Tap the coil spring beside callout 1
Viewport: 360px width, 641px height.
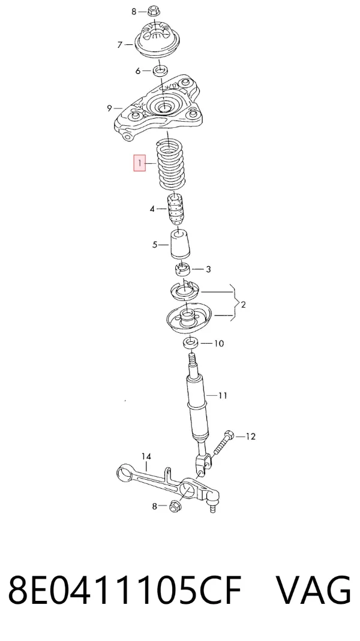click(x=172, y=164)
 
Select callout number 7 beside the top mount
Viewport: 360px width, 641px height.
click(x=120, y=44)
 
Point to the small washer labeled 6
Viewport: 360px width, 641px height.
click(x=160, y=70)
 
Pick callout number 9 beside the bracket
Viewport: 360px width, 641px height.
click(x=109, y=109)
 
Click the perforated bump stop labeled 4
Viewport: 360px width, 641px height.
click(x=175, y=209)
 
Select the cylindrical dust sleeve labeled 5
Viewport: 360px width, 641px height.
click(x=180, y=244)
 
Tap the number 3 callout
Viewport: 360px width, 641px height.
click(x=208, y=269)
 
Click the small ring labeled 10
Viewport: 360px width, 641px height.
click(x=191, y=342)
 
